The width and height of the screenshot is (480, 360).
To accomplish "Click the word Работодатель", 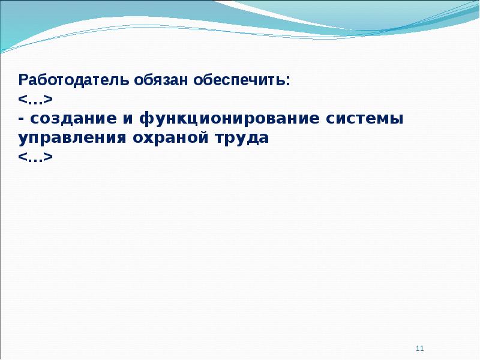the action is click(73, 80).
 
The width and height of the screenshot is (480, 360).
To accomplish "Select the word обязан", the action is click(161, 80).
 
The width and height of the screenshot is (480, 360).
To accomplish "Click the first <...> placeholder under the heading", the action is click(35, 100).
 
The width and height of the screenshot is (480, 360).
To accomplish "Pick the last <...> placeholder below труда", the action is click(35, 157).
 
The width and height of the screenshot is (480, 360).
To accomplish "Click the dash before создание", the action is click(22, 119).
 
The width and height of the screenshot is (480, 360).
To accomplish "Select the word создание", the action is click(73, 119).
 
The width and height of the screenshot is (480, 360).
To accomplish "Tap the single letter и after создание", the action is click(128, 119).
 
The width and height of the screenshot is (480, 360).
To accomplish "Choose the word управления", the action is click(72, 139).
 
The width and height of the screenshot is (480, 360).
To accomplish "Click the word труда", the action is click(242, 139).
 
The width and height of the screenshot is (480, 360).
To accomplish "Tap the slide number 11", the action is click(419, 349).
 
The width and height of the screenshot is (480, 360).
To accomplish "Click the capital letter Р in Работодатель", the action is click(23, 80).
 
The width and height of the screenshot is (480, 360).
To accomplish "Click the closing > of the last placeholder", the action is click(48, 157).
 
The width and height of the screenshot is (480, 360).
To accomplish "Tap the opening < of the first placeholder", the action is click(23, 100).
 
